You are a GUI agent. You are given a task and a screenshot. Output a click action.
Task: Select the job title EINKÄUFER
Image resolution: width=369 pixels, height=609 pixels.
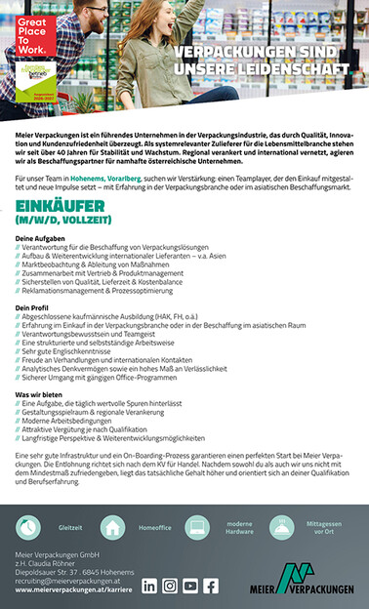pyautogui.click(x=60, y=206)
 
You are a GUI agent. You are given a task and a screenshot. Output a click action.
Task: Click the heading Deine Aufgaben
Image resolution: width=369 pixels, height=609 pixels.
pyautogui.click(x=40, y=238)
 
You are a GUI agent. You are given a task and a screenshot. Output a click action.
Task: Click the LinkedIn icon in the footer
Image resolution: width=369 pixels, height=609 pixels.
pyautogui.click(x=149, y=586)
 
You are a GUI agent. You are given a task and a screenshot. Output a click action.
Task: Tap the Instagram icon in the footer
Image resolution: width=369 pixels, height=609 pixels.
pyautogui.click(x=170, y=586)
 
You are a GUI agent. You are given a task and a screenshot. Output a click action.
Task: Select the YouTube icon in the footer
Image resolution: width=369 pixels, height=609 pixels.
pyautogui.click(x=190, y=586)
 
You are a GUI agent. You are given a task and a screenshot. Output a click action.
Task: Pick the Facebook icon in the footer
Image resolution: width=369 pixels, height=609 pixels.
pyautogui.click(x=211, y=586)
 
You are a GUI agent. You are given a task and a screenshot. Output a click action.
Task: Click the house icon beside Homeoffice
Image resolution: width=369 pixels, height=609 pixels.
pyautogui.click(x=114, y=526)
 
